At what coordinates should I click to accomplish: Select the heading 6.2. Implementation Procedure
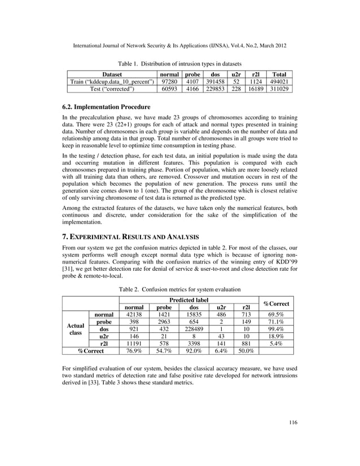click(x=106, y=107)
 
